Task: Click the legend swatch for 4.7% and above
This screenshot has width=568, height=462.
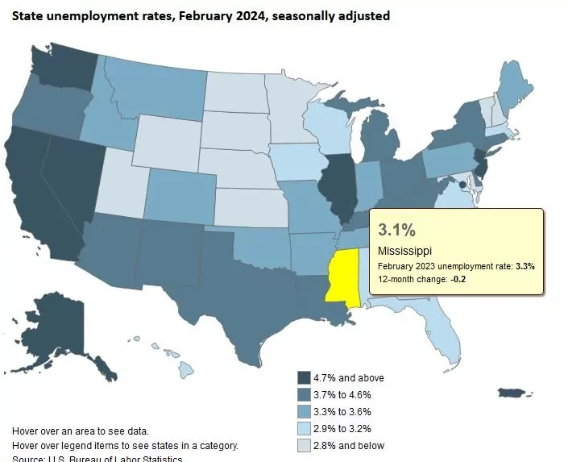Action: pyautogui.click(x=304, y=378)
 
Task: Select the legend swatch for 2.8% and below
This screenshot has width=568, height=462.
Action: pyautogui.click(x=304, y=445)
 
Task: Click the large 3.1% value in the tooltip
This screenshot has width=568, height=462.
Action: pyautogui.click(x=395, y=230)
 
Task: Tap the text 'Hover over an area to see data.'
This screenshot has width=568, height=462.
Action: pyautogui.click(x=81, y=431)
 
